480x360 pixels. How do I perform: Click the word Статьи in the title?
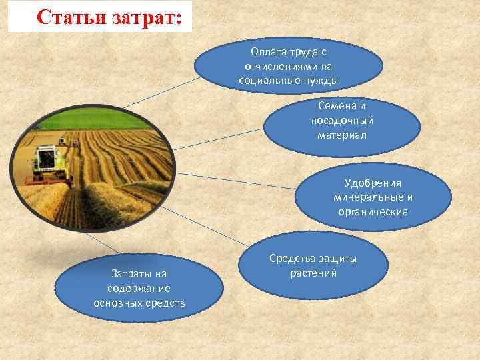[67, 17]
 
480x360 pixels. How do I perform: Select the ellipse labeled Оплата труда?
[288, 65]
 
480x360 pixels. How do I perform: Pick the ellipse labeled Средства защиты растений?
[313, 267]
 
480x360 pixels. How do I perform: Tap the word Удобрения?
[373, 183]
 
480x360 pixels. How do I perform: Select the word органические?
[373, 212]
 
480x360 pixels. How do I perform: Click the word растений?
[313, 273]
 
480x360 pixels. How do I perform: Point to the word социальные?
[265, 81]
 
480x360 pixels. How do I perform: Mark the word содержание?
[139, 288]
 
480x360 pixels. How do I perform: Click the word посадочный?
[342, 121]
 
